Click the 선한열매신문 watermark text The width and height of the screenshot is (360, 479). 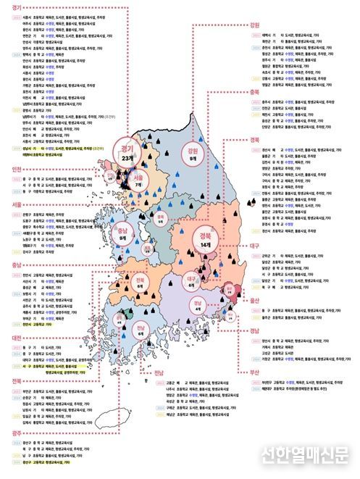coord(305,454)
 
